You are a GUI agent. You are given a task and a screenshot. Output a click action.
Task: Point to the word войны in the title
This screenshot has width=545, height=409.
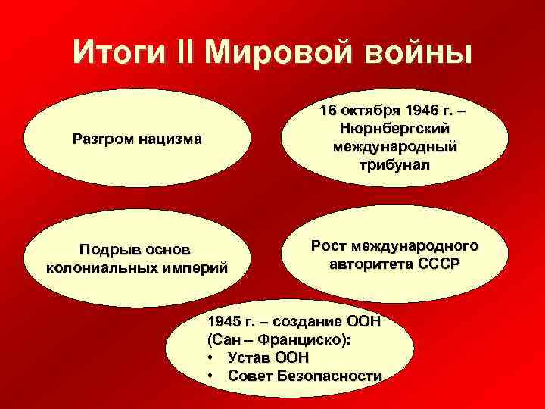[x=419, y=54]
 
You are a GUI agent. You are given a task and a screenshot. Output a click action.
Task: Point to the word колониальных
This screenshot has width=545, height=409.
[x=104, y=267]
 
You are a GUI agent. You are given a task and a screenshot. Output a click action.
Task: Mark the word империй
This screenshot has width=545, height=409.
[x=195, y=267]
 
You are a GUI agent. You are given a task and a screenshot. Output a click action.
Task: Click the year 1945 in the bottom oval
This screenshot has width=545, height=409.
[x=224, y=321]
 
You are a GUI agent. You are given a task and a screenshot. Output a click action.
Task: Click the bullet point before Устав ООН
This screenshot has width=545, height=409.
[x=209, y=357]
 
